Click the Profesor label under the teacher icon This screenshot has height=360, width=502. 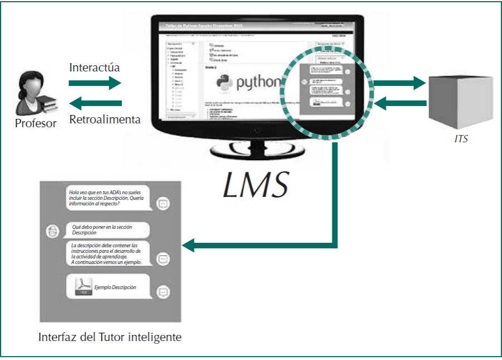[x=36, y=123]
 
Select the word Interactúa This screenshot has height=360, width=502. [x=94, y=68]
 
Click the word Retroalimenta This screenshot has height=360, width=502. [x=104, y=119]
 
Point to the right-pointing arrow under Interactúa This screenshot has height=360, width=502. [x=95, y=83]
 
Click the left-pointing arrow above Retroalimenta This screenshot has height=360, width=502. [x=95, y=103]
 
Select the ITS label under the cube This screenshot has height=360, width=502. [x=461, y=139]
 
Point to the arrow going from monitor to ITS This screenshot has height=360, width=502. [x=399, y=84]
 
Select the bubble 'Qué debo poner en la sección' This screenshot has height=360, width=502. [x=109, y=229]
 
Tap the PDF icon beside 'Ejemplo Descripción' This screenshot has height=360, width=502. [x=82, y=286]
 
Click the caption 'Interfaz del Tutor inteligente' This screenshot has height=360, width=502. [x=110, y=338]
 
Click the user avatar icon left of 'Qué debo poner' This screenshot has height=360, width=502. [x=52, y=231]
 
